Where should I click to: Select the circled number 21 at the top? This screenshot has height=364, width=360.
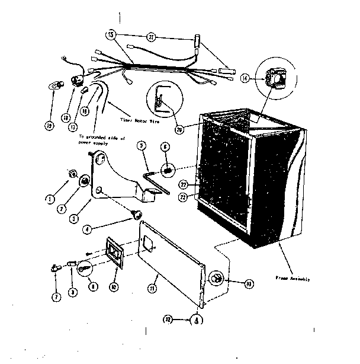pyautogui.click(x=152, y=37)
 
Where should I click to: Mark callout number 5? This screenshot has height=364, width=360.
pyautogui.click(x=141, y=145)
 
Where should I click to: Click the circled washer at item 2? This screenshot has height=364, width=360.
pyautogui.click(x=85, y=180)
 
